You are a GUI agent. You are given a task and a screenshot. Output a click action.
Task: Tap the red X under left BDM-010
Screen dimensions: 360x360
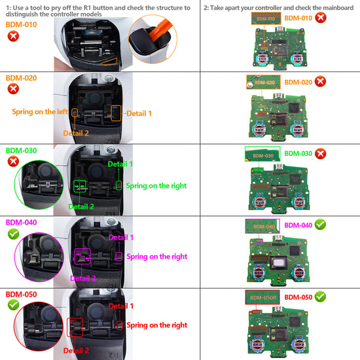pos(12,36)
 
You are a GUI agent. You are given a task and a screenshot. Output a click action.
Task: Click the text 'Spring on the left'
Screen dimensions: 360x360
pos(39,112)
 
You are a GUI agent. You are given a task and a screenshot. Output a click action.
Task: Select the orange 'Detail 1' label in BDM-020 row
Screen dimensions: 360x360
pos(139,113)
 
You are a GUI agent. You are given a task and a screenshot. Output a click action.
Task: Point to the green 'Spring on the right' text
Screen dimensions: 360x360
pos(156,186)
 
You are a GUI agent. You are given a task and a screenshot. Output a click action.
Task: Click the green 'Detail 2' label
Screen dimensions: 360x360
pos(82,207)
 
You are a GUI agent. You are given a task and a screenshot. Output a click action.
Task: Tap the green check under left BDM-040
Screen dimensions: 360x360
pos(12,234)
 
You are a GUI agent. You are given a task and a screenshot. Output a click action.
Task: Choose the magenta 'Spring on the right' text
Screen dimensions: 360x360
pos(156,257)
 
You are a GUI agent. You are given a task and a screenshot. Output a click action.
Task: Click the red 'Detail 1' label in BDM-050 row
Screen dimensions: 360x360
pos(122,306)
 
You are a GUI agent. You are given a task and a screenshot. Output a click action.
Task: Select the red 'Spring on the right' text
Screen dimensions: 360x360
pos(156,325)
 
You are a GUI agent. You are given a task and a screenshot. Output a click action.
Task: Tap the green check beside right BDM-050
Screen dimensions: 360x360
pos(320,297)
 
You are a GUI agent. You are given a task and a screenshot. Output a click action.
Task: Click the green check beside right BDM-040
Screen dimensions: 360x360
pos(320,225)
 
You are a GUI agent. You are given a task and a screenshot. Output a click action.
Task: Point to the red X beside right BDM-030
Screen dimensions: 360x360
pos(320,153)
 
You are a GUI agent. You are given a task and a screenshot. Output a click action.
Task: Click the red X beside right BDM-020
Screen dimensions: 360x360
pos(320,82)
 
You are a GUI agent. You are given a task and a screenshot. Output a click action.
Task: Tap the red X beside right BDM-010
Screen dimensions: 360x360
pos(320,18)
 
